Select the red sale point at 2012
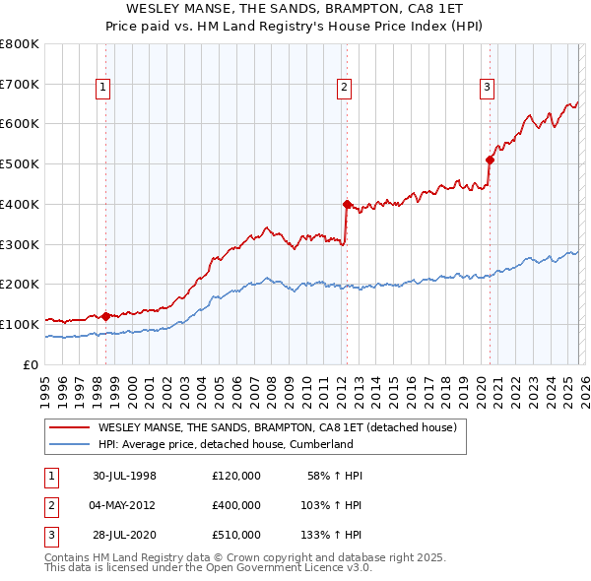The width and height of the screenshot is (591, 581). pyautogui.click(x=347, y=205)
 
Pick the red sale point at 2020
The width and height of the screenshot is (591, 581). pyautogui.click(x=490, y=160)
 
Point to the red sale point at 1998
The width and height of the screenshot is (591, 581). pyautogui.click(x=106, y=316)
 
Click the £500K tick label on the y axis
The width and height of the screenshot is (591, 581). pyautogui.click(x=20, y=164)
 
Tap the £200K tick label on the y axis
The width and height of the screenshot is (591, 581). pyautogui.click(x=20, y=285)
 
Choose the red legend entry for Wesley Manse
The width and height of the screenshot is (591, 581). pyautogui.click(x=277, y=428)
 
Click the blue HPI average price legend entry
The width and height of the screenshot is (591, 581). pyautogui.click(x=226, y=445)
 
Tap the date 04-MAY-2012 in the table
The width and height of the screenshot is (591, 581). pyautogui.click(x=125, y=505)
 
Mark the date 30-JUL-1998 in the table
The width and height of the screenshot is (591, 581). pyautogui.click(x=124, y=476)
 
